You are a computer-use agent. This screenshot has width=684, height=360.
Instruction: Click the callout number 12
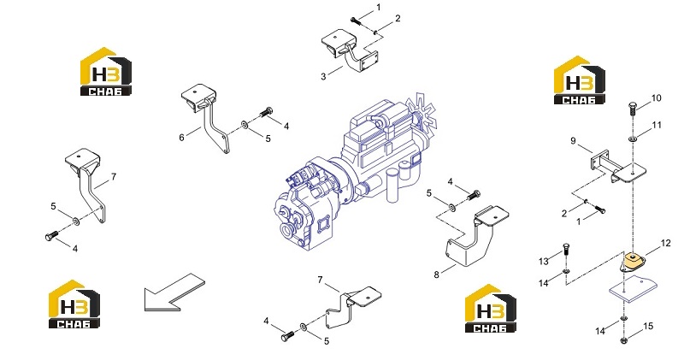(665, 243)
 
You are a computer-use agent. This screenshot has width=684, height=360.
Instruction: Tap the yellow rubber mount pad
(634, 262)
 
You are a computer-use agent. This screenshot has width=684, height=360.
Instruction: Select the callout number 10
(656, 98)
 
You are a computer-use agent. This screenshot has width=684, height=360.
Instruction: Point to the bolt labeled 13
(566, 251)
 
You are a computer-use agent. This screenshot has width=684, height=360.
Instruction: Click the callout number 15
(648, 326)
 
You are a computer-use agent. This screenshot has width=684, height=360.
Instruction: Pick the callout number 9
(573, 140)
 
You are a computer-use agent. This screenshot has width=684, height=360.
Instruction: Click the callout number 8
(436, 274)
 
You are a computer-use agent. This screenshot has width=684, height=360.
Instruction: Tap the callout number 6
(181, 138)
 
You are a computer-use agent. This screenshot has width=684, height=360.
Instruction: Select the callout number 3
(323, 76)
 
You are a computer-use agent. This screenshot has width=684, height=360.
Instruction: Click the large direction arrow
(174, 292)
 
